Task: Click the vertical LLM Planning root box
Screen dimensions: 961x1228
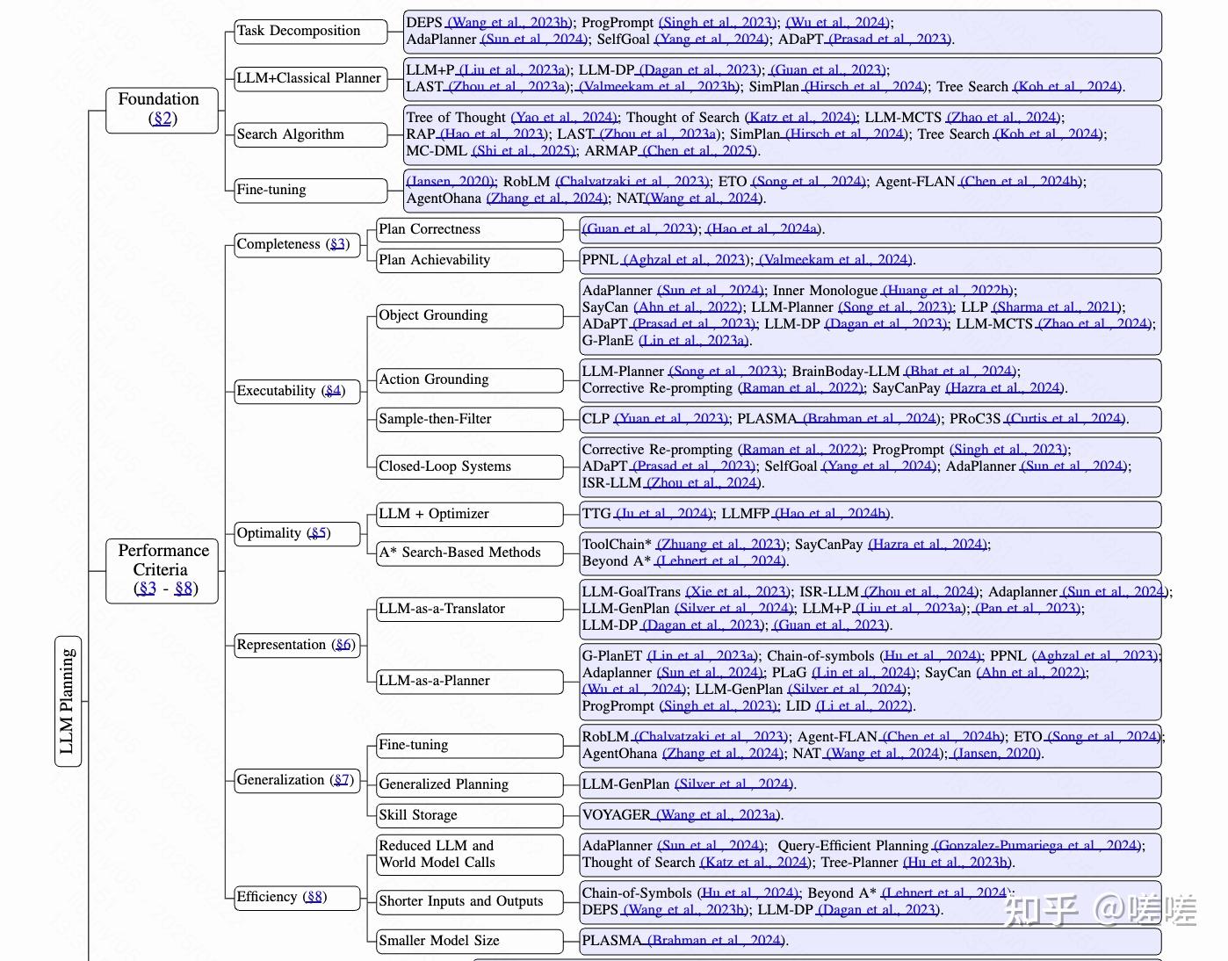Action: (x=68, y=701)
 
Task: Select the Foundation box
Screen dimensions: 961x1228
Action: (x=162, y=110)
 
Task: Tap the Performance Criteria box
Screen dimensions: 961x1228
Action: (x=163, y=570)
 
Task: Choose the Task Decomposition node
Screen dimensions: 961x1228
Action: (x=311, y=31)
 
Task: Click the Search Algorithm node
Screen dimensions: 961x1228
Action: (x=311, y=134)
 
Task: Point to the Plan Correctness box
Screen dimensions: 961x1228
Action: (x=469, y=229)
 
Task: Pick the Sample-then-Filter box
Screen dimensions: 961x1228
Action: (x=469, y=419)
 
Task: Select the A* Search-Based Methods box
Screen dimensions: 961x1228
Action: (x=469, y=553)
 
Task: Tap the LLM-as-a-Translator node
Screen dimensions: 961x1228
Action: (x=469, y=609)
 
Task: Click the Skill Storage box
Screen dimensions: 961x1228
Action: (x=469, y=815)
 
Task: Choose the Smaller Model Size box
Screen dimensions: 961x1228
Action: (x=469, y=941)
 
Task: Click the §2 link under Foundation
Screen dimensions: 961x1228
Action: (x=163, y=119)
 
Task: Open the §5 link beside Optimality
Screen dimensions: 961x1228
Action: (x=318, y=533)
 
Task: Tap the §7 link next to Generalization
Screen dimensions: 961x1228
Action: (x=342, y=780)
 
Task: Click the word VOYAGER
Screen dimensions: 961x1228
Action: (x=616, y=815)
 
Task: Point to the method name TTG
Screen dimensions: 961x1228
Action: (x=596, y=514)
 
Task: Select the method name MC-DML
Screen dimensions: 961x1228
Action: (x=437, y=151)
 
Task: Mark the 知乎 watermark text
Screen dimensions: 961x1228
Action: (x=1041, y=911)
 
